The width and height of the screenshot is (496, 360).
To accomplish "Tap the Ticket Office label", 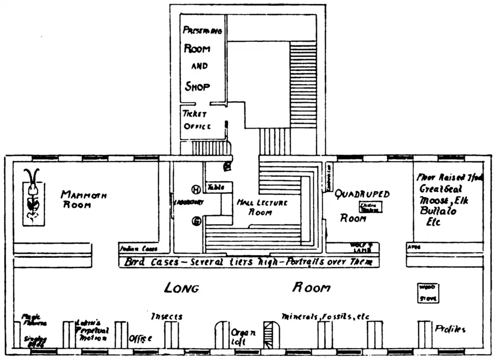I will click(x=195, y=120).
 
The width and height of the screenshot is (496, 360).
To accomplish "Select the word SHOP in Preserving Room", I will click(x=197, y=86).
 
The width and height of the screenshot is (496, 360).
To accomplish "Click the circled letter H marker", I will click(x=196, y=189).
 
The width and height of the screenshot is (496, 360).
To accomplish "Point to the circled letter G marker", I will click(x=196, y=221).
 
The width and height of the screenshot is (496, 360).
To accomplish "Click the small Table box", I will click(x=216, y=187).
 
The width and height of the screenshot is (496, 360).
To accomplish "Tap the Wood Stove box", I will click(x=428, y=292).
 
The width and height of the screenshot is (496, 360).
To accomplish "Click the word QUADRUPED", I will click(x=362, y=194).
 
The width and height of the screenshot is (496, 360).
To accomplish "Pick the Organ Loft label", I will click(x=243, y=337).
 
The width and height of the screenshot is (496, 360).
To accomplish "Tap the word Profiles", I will click(x=450, y=328).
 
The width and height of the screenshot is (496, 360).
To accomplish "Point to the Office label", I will click(x=140, y=338).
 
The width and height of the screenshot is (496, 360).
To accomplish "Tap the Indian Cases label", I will click(x=138, y=248).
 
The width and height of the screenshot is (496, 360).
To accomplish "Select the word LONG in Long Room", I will click(x=181, y=288).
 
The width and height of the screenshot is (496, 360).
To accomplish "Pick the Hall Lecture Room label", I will click(x=262, y=207).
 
